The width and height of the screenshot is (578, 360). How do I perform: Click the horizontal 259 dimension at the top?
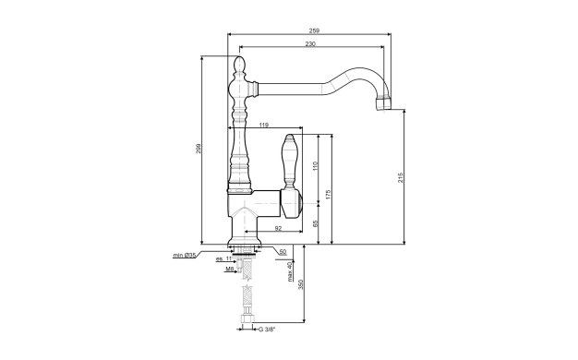coord(314,30)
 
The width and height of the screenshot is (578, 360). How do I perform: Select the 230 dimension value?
coord(310,44)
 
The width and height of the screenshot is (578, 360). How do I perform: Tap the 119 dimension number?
coord(263,125)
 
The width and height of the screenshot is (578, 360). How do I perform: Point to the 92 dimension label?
coord(278,228)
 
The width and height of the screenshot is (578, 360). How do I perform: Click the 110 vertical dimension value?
coord(315,166)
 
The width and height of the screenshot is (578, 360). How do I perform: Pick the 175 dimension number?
coord(329,195)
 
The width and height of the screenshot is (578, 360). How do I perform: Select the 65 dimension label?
coord(315,223)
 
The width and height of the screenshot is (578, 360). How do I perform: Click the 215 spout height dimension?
coord(401,177)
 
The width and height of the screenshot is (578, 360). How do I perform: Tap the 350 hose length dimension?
coord(300,284)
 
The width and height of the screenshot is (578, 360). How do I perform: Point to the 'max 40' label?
coord(290,271)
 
